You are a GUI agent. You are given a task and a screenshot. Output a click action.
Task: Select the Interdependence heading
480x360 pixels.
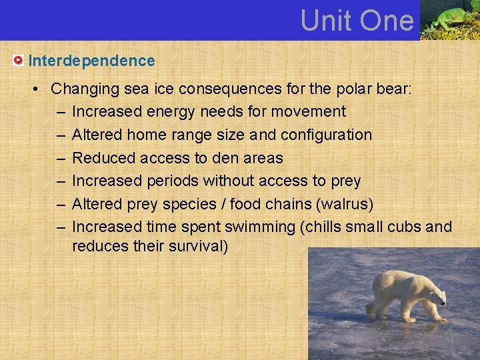pos(91,61)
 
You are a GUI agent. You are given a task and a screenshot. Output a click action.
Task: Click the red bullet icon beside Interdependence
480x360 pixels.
pos(18,61)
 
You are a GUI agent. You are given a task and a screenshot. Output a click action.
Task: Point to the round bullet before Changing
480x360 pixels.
pos(40,89)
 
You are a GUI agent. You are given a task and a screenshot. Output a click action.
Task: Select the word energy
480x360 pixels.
pos(161,111)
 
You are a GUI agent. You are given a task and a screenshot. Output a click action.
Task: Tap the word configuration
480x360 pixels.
pos(326,135)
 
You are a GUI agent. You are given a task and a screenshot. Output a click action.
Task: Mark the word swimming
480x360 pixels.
pos(264,227)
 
